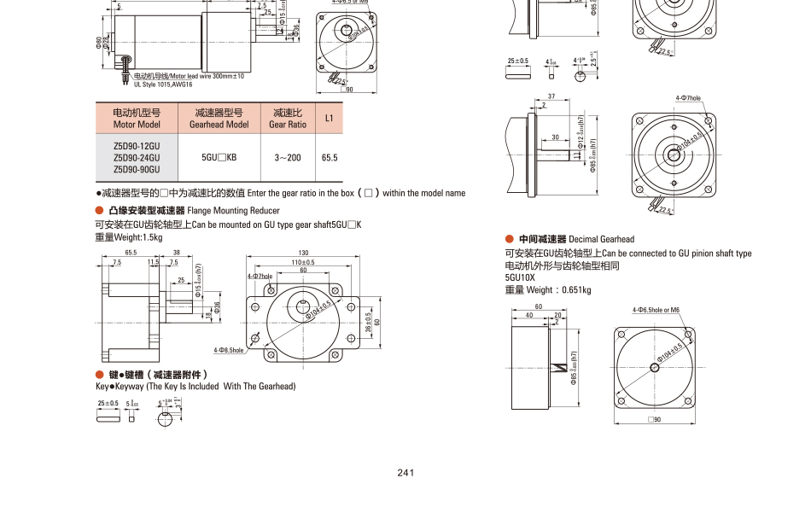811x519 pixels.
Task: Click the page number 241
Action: [x=405, y=473]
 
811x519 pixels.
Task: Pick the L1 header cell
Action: [x=329, y=118]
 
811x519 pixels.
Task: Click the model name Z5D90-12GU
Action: [x=137, y=146]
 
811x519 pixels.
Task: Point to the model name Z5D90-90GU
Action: [x=137, y=169]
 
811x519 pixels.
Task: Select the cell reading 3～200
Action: [x=287, y=158]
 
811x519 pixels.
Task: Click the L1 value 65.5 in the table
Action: [x=329, y=158]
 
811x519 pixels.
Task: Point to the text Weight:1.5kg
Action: [x=128, y=237]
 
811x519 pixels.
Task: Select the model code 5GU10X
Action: [x=520, y=277]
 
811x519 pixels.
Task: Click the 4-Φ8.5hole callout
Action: [x=229, y=350]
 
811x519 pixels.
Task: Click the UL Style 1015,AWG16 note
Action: [x=163, y=85]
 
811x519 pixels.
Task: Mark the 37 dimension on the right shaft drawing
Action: [x=551, y=96]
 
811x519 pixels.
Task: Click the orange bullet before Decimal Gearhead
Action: [x=510, y=240]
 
